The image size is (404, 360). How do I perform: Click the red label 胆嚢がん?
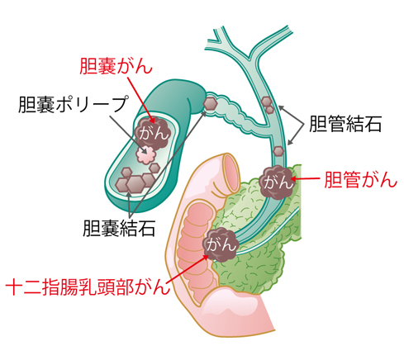(x=116, y=66)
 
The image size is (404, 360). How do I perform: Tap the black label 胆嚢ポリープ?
(x=74, y=104)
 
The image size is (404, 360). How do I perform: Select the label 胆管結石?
(x=345, y=124)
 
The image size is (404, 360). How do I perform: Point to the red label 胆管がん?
(x=360, y=180)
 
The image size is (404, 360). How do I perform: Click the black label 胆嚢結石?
(x=119, y=228)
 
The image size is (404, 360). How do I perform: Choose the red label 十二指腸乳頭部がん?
(x=88, y=287)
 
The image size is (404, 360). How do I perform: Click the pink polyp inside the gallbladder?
(x=146, y=154)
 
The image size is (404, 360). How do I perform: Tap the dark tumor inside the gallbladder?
(x=153, y=132)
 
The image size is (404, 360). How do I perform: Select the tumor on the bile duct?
(x=277, y=182)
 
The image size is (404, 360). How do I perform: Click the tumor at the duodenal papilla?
(x=221, y=244)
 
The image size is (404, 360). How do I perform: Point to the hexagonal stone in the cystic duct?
(x=211, y=102)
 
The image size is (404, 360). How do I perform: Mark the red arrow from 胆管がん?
(x=305, y=179)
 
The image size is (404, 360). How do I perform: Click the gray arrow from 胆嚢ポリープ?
(x=129, y=135)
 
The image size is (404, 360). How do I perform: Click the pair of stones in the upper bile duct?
(x=268, y=105)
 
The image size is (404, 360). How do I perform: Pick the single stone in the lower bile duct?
(x=278, y=151)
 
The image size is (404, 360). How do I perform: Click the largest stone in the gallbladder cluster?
(x=135, y=184)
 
